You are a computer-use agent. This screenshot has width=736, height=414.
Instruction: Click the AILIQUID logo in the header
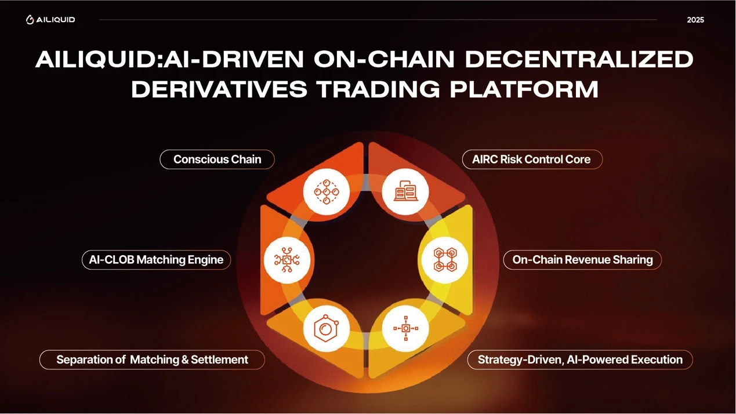coord(50,20)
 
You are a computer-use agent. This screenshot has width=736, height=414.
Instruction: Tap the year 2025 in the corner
coord(695,20)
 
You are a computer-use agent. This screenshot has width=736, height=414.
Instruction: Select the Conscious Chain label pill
coord(217,159)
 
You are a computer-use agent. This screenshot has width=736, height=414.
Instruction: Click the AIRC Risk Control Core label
coord(532,159)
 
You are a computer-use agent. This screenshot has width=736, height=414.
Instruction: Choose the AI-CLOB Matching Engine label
coord(156,260)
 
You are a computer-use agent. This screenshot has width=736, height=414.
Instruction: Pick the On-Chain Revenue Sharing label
coord(582,260)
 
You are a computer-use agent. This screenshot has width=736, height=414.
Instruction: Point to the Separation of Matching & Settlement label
coord(152,359)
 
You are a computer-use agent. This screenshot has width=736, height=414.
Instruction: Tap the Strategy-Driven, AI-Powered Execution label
coord(580,359)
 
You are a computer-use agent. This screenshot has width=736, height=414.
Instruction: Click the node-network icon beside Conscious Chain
coord(327,192)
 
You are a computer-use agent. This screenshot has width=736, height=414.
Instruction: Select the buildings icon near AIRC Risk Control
coord(405,191)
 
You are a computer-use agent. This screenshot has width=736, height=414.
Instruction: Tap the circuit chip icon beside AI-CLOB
coord(287,260)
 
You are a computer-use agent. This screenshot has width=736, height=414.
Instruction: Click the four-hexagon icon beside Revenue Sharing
coord(445,260)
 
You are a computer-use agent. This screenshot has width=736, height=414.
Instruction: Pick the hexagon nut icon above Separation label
coord(327,328)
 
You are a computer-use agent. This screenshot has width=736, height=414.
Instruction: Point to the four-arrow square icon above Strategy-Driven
coord(406,328)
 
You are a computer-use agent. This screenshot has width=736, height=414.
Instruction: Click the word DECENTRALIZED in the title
coord(579,60)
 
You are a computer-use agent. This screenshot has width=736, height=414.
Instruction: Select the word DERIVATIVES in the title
coord(219,89)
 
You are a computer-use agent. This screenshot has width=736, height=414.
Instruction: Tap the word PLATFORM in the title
coord(524,89)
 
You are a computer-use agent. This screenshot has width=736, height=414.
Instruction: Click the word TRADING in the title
coord(379,89)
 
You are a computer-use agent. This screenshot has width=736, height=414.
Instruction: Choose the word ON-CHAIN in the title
coord(384,60)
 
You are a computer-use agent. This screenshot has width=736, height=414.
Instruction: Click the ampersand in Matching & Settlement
coord(185,359)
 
